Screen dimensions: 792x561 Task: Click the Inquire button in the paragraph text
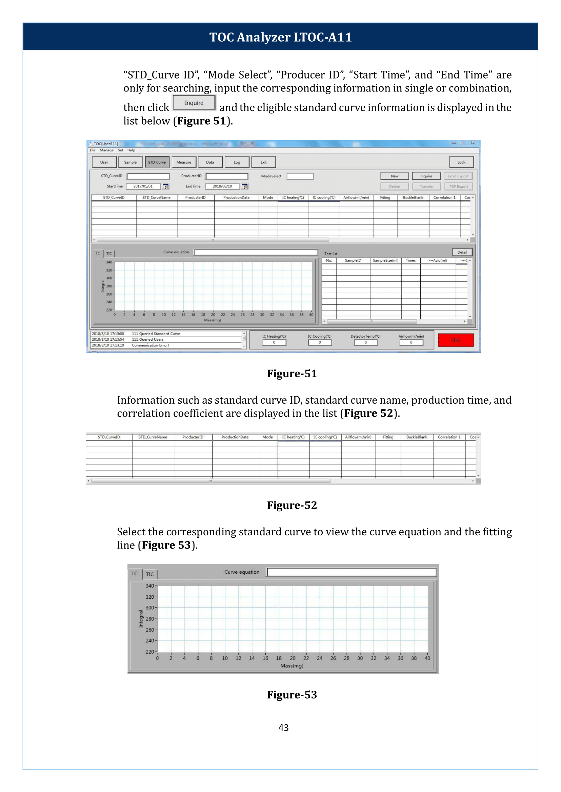[194, 103]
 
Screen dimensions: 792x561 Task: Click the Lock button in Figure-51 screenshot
[461, 162]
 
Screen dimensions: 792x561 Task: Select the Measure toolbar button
[183, 162]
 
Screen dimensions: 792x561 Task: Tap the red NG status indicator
[455, 340]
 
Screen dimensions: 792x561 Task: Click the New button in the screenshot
[394, 176]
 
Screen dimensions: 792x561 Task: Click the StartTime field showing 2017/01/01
[143, 186]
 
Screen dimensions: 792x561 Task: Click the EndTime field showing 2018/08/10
[222, 186]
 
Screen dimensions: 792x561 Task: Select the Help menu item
[131, 150]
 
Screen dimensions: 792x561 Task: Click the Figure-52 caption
[292, 505]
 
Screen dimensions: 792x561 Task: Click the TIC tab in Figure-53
[149, 574]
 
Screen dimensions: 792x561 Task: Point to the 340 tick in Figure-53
[149, 586]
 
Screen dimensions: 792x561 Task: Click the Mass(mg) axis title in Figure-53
[292, 666]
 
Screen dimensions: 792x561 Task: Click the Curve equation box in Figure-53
[351, 572]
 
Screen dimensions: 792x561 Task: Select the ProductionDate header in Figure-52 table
[235, 437]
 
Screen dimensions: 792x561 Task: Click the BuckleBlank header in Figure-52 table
[416, 437]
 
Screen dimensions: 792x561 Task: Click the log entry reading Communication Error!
[150, 345]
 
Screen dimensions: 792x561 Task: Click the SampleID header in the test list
[353, 260]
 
